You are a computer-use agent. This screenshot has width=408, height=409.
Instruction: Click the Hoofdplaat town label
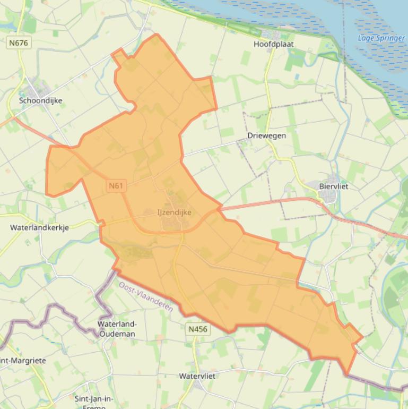pos(273,44)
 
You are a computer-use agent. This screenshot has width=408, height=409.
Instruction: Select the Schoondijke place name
pos(40,100)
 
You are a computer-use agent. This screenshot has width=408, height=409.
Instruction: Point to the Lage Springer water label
pos(381,38)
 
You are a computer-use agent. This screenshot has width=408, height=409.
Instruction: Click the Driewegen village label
pos(266,135)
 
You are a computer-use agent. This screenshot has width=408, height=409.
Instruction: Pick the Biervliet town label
pos(334,186)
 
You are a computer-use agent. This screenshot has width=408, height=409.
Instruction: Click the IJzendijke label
pos(174,212)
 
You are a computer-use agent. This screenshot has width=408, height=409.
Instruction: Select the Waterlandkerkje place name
pos(39,227)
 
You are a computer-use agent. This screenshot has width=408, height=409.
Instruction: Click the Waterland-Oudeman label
pos(117,329)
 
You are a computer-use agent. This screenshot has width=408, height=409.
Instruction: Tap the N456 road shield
pos(197,329)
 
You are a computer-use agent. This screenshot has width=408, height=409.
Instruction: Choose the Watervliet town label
pos(197,376)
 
